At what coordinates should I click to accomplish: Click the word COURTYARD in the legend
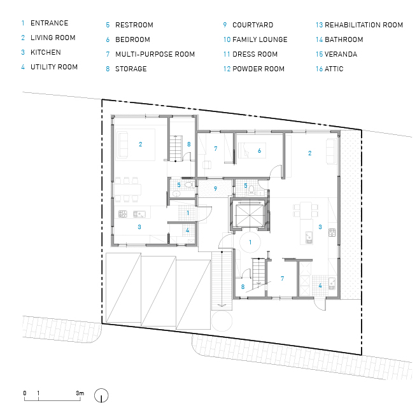[x=253, y=25]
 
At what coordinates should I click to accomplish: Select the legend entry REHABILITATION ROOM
[x=364, y=25]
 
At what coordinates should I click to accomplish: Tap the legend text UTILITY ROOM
[x=54, y=67]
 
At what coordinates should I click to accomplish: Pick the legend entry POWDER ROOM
[x=258, y=69]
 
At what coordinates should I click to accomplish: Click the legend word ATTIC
[x=334, y=69]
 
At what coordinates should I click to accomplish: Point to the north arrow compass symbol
[x=101, y=395]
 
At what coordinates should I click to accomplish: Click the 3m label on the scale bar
[x=80, y=393]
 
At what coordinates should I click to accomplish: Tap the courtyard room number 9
[x=215, y=189]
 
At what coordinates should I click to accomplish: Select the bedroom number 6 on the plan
[x=259, y=151]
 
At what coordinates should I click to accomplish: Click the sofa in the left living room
[x=123, y=144]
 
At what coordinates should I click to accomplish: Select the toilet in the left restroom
[x=189, y=185]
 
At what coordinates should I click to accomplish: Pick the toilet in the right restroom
[x=251, y=189]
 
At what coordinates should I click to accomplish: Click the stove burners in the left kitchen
[x=123, y=214]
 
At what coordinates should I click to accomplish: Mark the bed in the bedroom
[x=252, y=151]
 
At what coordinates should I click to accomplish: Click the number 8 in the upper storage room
[x=189, y=144]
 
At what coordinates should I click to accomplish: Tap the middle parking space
[x=159, y=291]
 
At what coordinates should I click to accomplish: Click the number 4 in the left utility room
[x=187, y=230]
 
